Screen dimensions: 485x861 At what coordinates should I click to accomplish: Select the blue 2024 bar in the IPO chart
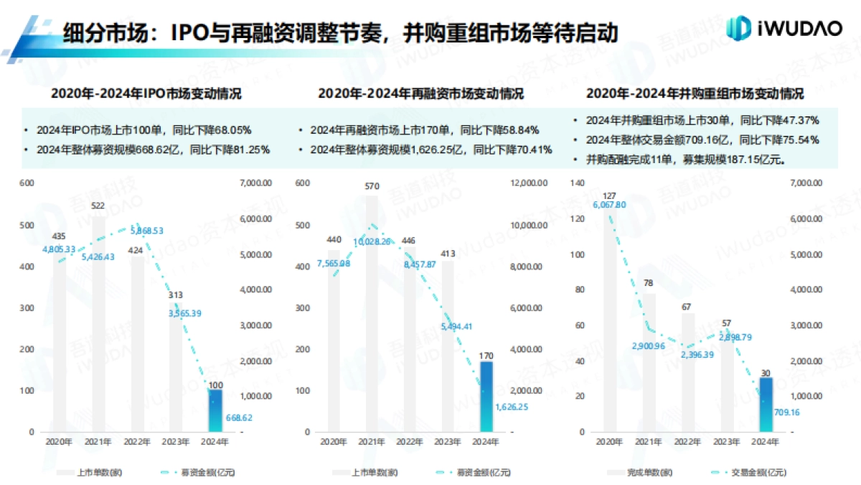pyautogui.click(x=215, y=410)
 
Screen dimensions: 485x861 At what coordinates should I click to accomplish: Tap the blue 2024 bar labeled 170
pyautogui.click(x=486, y=396)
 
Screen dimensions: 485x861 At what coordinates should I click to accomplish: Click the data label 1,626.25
pyautogui.click(x=512, y=406)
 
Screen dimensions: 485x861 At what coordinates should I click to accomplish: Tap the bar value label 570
pyautogui.click(x=372, y=187)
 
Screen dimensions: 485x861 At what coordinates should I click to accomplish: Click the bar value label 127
pyautogui.click(x=610, y=195)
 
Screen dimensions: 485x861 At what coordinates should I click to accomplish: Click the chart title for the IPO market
pyautogui.click(x=146, y=94)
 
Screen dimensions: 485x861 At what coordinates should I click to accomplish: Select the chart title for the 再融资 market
pyautogui.click(x=420, y=94)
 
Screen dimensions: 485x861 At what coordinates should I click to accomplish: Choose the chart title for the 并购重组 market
pyautogui.click(x=695, y=94)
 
